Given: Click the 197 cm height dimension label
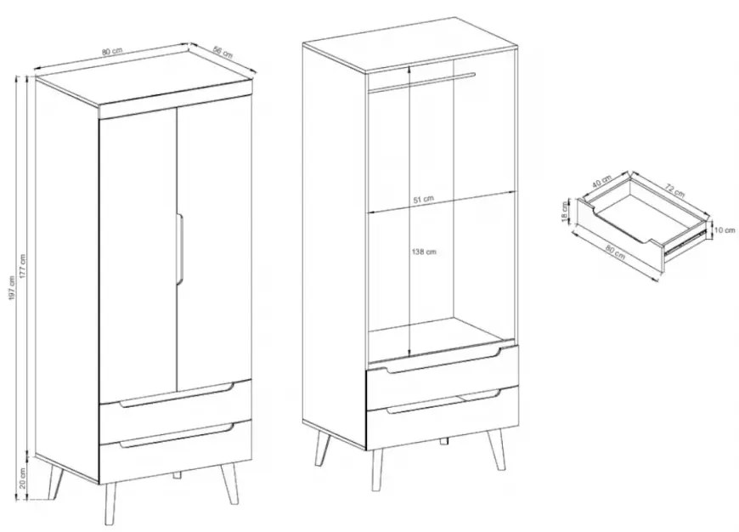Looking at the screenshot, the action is click(x=12, y=288).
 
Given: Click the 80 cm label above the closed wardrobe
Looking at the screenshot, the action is click(x=112, y=51).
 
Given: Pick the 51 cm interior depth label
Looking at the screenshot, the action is click(x=423, y=199).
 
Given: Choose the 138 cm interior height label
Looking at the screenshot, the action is click(x=424, y=252).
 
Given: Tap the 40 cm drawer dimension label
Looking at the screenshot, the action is click(x=602, y=181).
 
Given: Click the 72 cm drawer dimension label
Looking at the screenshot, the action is click(x=674, y=190).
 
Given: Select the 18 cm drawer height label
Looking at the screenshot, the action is click(x=565, y=211).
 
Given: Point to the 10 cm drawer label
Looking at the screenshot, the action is click(x=725, y=230).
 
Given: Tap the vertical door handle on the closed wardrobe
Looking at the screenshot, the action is click(x=181, y=248).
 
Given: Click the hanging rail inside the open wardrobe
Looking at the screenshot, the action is click(x=421, y=80).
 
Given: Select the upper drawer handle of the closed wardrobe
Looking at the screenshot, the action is click(x=177, y=396).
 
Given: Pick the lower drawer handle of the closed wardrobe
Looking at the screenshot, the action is click(x=177, y=436).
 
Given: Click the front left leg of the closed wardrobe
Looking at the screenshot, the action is click(x=110, y=504).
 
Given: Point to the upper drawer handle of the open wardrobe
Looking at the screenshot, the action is click(x=443, y=362).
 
